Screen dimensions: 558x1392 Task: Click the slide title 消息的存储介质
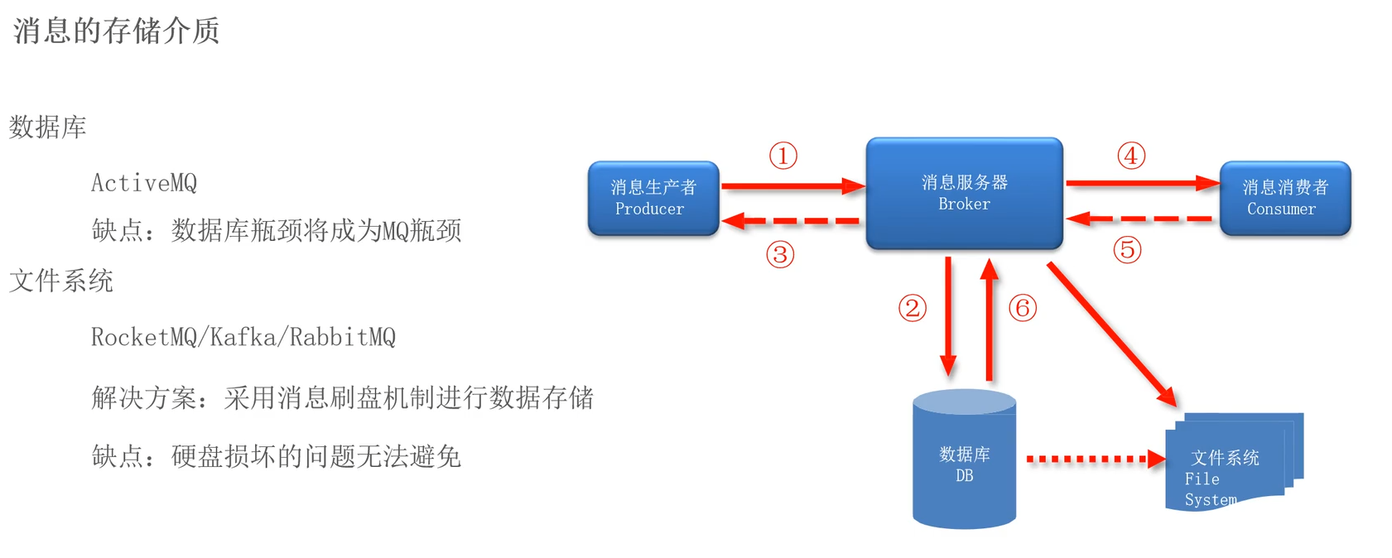(x=116, y=31)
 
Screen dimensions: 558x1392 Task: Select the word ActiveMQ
(x=144, y=183)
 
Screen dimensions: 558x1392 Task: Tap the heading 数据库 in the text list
(x=48, y=127)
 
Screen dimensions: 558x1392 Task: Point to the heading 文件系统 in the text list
(x=61, y=281)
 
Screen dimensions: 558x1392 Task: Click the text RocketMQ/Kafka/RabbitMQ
(x=243, y=337)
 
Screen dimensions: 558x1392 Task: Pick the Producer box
(x=653, y=199)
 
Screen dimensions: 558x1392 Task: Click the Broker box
(x=964, y=194)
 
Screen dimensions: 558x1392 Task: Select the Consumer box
(x=1285, y=199)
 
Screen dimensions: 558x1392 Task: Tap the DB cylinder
(x=964, y=464)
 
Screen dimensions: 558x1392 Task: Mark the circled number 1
(x=783, y=156)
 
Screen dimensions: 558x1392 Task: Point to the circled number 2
(x=912, y=309)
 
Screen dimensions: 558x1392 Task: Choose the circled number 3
(x=780, y=254)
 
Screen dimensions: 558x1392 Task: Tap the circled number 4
(x=1131, y=156)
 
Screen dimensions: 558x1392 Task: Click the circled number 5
(x=1127, y=249)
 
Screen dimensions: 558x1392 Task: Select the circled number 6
(x=1023, y=309)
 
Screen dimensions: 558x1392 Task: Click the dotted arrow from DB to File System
(x=1093, y=459)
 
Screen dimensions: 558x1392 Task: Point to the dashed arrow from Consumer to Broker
(x=1141, y=219)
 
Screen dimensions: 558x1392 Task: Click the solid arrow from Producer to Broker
(x=791, y=186)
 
